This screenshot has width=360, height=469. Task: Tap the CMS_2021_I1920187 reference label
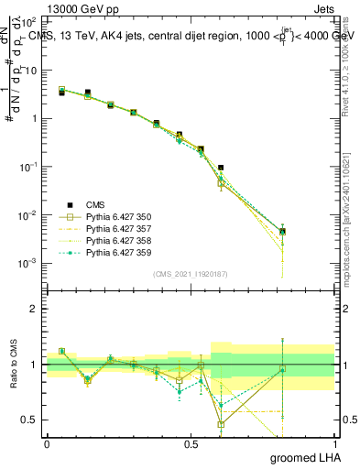(x=191, y=273)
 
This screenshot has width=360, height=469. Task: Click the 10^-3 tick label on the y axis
(x=29, y=263)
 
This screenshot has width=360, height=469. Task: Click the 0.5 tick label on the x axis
(x=191, y=443)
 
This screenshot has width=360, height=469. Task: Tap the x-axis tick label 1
(x=334, y=443)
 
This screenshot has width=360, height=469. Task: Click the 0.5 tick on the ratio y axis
(x=29, y=420)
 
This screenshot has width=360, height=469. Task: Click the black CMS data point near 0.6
(x=221, y=168)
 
